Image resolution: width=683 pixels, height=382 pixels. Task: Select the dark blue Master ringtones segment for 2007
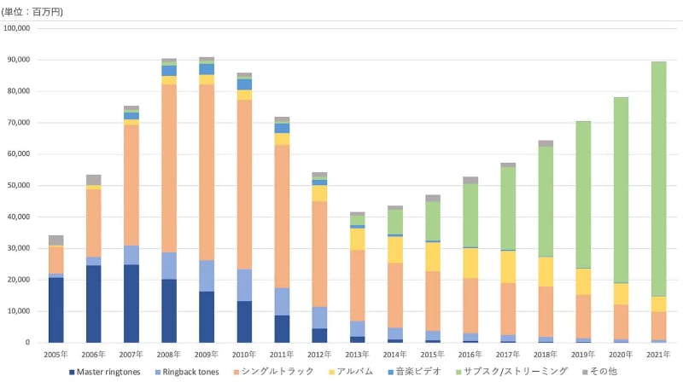(x=131, y=304)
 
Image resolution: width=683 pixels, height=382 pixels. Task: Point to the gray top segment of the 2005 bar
(x=56, y=240)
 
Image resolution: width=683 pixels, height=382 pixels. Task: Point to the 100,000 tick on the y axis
(x=18, y=28)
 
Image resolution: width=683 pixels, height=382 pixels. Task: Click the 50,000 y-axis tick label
(x=18, y=185)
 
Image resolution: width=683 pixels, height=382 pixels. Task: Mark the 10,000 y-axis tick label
(x=18, y=311)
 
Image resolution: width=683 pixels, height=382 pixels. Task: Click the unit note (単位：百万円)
(x=32, y=11)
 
